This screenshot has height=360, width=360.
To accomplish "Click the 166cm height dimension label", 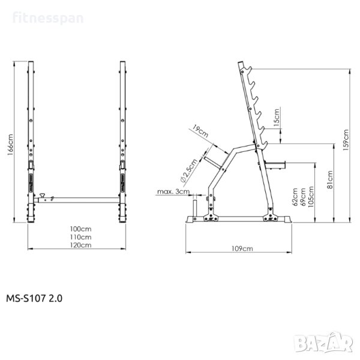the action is coord(10,145).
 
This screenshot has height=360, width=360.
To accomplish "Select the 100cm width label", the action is coord(80,229).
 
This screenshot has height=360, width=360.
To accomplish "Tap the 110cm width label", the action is coord(80,237).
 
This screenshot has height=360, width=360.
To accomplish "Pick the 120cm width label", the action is coord(80,245).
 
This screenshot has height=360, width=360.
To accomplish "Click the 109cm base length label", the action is coord(242,248).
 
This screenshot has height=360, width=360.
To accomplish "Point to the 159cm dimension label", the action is coord(346,140).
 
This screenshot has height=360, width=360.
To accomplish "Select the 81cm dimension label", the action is coord(329,179).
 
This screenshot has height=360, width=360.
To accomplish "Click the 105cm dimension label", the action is coord(311,197).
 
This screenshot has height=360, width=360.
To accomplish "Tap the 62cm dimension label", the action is coord(295,197).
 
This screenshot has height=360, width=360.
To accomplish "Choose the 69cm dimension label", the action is coord(302,197).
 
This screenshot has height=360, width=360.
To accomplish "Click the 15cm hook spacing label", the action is coord(277,118).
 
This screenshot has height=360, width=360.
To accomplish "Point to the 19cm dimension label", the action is coord(200,131).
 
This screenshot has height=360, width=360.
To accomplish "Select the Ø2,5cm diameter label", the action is coord(189,170).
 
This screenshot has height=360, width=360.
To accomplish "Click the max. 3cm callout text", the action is coord(173,191).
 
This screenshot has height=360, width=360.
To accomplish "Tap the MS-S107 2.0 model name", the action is coord(34,298).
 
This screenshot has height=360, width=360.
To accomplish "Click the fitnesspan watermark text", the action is coord(48,19).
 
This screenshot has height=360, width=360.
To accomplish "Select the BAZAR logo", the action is coord(324,343).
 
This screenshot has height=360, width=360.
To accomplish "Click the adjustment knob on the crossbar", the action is coord(42,196).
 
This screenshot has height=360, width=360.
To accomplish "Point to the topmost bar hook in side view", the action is coord(248,69).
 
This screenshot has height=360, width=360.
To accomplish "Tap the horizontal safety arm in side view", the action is coord(275,165).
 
